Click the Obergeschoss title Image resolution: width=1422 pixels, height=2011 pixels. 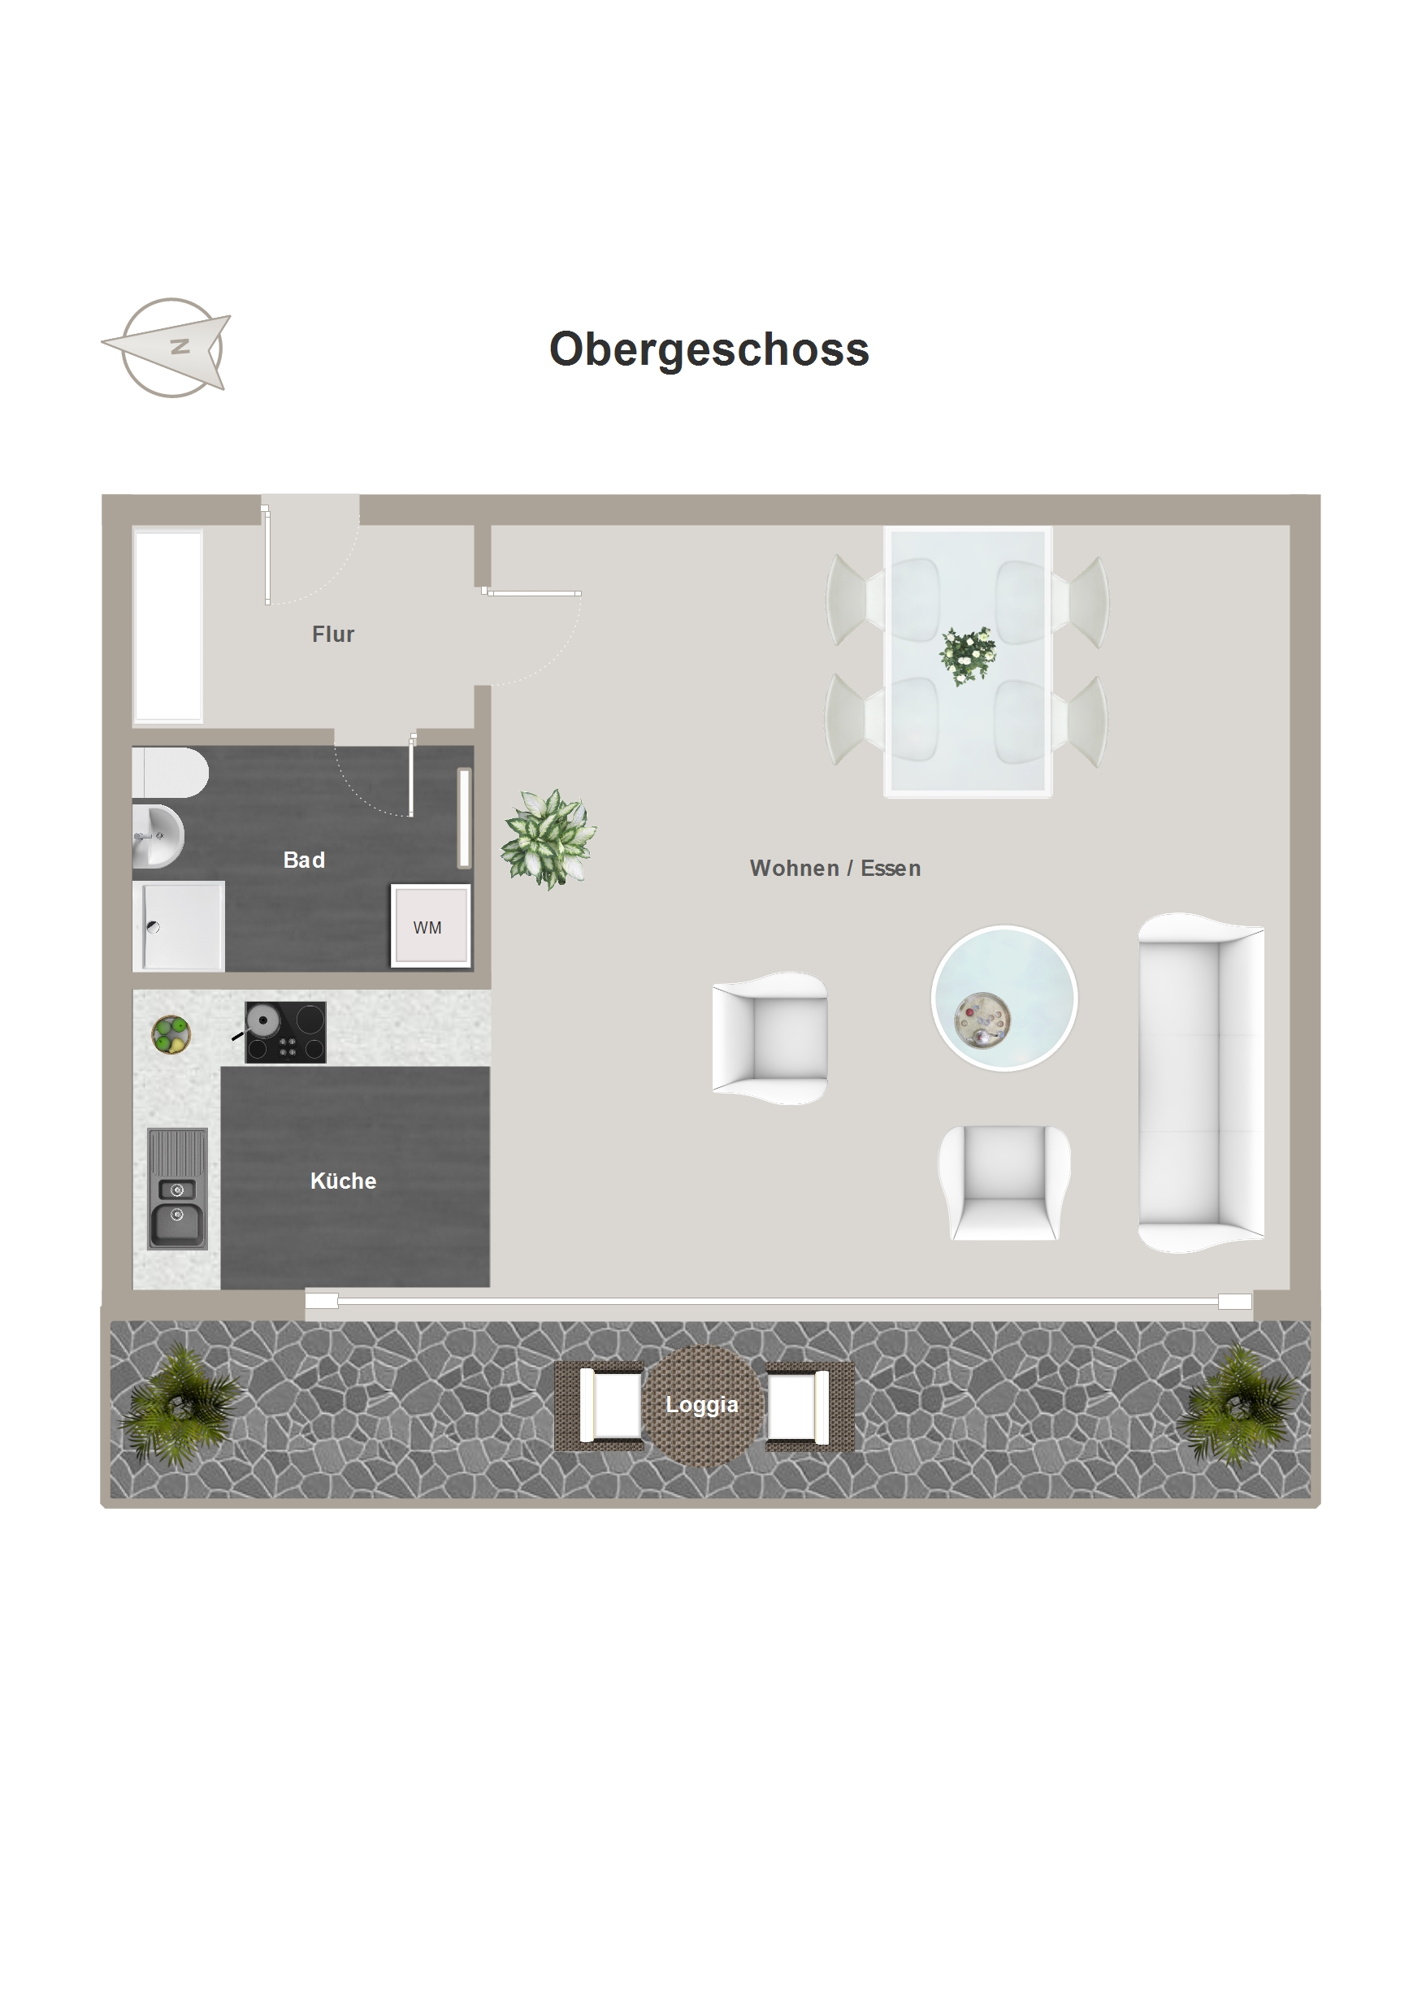[709, 349]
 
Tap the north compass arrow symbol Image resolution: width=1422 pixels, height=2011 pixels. [167, 348]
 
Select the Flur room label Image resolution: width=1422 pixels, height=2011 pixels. [333, 634]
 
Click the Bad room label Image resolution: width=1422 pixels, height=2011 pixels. [304, 860]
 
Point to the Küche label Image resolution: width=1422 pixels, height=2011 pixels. [344, 1181]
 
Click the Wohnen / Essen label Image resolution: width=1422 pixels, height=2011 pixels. [835, 868]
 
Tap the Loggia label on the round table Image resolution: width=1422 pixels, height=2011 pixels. [702, 1404]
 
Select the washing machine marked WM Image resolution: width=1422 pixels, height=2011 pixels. [430, 925]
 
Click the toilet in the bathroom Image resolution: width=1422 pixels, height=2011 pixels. [170, 772]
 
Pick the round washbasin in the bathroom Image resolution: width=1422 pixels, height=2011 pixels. [158, 836]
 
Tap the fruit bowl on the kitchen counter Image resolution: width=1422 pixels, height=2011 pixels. [171, 1034]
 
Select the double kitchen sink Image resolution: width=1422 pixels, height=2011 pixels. [178, 1189]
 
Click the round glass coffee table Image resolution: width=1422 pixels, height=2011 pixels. [1004, 999]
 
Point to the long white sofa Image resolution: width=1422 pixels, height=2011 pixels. [1200, 1082]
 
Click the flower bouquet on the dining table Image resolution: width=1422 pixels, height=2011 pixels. [967, 655]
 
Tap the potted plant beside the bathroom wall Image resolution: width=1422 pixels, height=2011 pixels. [548, 839]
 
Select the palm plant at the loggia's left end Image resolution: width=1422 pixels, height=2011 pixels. [182, 1406]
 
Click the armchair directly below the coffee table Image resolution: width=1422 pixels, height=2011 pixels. [1004, 1181]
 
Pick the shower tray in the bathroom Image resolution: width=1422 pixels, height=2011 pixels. [179, 925]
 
